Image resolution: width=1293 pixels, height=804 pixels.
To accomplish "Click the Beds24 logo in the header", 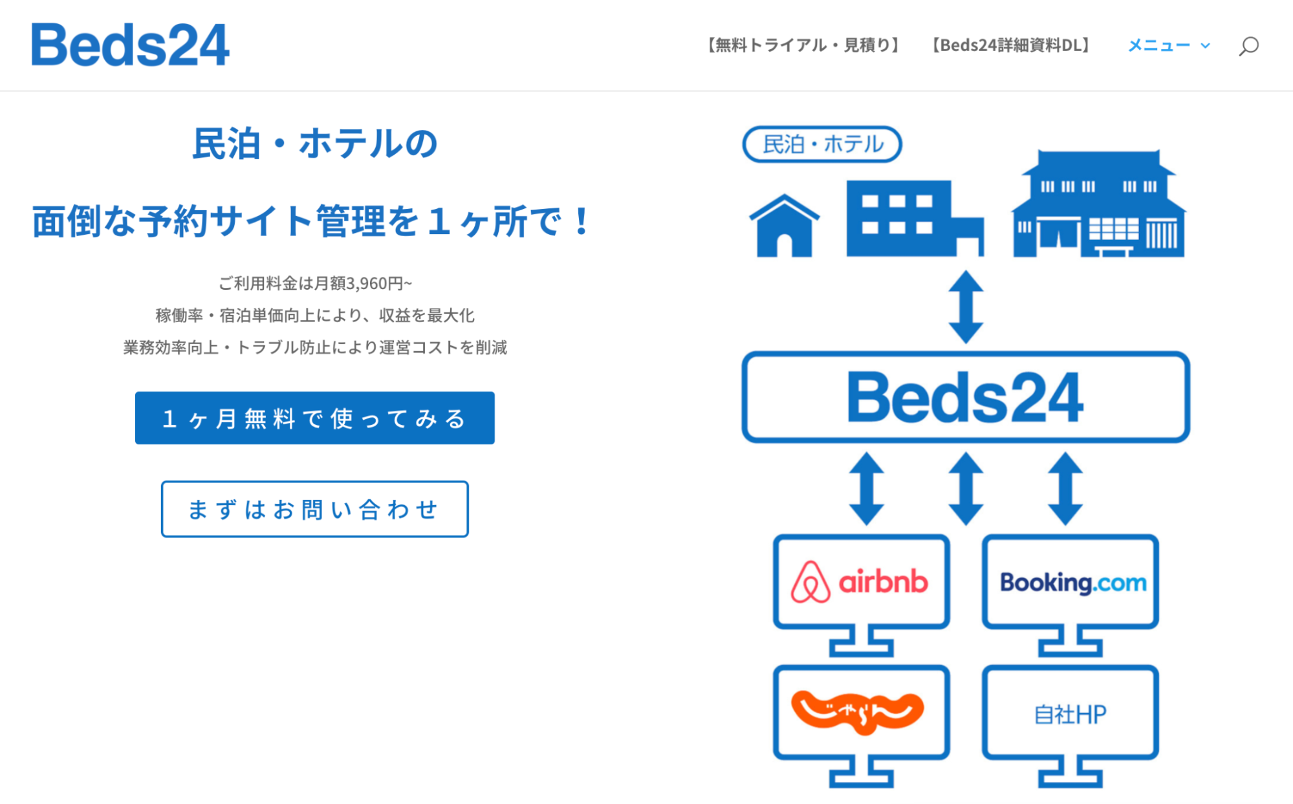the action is (x=130, y=45).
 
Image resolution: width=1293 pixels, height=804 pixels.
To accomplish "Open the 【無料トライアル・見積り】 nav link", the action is (x=803, y=45).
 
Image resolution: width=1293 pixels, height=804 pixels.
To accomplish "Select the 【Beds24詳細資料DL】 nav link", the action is (x=1010, y=45).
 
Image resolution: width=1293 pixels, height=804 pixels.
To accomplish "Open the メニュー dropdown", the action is (x=1169, y=45).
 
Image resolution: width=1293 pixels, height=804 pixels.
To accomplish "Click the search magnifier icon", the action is (x=1248, y=47).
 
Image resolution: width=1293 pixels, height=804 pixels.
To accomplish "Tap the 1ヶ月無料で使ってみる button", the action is (x=315, y=418).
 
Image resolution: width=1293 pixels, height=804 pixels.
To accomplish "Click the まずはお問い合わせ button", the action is (x=315, y=509).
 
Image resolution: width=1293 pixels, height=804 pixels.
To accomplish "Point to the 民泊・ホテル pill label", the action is (x=822, y=144).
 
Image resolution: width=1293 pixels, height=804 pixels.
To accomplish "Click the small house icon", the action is (x=785, y=226).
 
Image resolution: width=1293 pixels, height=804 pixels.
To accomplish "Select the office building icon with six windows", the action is (x=915, y=219).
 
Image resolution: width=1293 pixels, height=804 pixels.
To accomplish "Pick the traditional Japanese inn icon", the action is (x=1099, y=204).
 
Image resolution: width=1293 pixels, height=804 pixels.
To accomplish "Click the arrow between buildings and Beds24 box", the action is (x=966, y=307).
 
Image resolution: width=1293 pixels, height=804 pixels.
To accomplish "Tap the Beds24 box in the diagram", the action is (x=966, y=397).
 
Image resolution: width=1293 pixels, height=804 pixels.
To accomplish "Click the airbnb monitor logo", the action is (x=860, y=582).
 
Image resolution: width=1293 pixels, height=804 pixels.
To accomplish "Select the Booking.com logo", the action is (x=1073, y=583).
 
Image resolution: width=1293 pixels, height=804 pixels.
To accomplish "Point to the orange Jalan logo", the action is (x=858, y=712).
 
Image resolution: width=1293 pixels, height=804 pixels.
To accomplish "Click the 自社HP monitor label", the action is (x=1070, y=714).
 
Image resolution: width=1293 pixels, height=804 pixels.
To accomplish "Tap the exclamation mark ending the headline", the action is (x=581, y=221).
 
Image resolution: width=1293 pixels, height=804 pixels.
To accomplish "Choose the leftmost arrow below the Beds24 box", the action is (x=867, y=488).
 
